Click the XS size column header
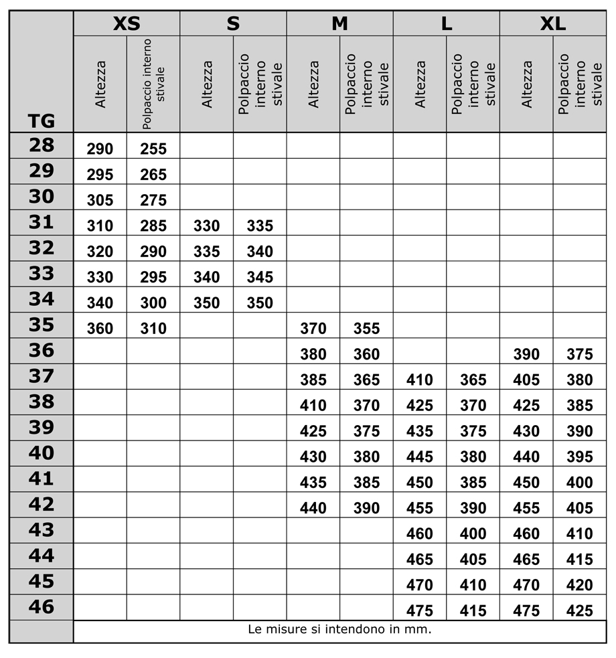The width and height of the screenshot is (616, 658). point(127,24)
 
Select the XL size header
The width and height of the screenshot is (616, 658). point(553,24)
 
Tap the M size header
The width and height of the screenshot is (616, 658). point(340,24)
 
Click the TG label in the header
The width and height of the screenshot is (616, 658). point(41,122)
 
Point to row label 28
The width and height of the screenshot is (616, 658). point(41,145)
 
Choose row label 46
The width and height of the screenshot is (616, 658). point(41,606)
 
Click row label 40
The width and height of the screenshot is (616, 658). point(41,453)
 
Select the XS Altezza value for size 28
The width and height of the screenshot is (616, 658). point(100,149)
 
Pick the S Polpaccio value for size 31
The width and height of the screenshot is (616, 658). point(260,226)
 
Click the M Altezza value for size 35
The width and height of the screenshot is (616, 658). point(313,329)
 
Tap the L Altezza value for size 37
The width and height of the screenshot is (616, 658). point(420,380)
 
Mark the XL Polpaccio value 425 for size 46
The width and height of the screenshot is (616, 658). point(580,610)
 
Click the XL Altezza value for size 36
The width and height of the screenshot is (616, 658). point(526,355)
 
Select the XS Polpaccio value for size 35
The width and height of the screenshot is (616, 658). point(153,329)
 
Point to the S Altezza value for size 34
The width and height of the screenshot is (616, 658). point(206,303)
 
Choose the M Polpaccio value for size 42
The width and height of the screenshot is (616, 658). point(367,508)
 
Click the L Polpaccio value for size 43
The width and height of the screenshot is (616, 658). point(473,534)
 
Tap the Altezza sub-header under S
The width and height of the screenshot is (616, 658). point(207,84)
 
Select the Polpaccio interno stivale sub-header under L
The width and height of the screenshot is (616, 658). point(473,84)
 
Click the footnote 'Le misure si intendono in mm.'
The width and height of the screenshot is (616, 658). point(339,629)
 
